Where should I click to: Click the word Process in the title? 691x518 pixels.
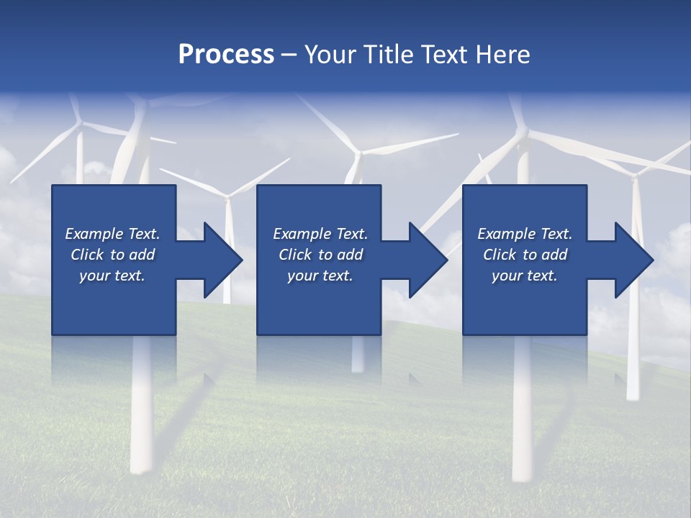pyautogui.click(x=226, y=55)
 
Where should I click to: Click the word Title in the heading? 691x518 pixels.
pyautogui.click(x=387, y=55)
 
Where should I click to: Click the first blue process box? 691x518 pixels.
pyautogui.click(x=114, y=302)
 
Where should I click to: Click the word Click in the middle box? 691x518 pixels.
pyautogui.click(x=295, y=255)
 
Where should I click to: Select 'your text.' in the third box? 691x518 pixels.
pyautogui.click(x=524, y=276)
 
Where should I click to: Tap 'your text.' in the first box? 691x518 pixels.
pyautogui.click(x=112, y=276)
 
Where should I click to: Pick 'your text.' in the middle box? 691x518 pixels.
pyautogui.click(x=320, y=276)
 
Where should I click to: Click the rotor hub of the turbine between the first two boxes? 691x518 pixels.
pyautogui.click(x=228, y=196)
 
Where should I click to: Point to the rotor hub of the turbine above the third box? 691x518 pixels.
pyautogui.click(x=523, y=133)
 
